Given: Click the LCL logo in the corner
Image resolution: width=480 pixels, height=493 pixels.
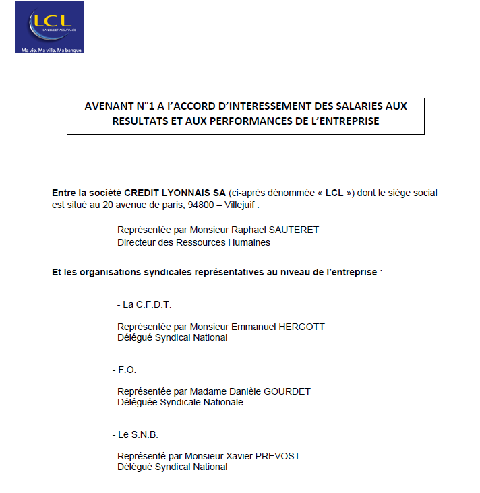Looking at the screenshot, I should [49, 27].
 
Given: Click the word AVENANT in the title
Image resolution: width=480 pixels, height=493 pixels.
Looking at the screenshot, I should [109, 106].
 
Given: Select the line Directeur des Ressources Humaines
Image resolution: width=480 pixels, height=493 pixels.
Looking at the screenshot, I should [193, 242].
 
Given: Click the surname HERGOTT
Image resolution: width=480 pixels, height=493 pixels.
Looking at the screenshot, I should [297, 327].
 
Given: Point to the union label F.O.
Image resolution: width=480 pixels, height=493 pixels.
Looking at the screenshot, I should [127, 370].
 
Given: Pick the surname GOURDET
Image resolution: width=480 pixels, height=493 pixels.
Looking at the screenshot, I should [283, 391].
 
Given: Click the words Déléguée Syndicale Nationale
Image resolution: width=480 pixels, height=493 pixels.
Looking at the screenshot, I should [180, 403].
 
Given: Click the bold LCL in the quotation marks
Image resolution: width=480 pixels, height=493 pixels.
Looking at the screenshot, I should [334, 193].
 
